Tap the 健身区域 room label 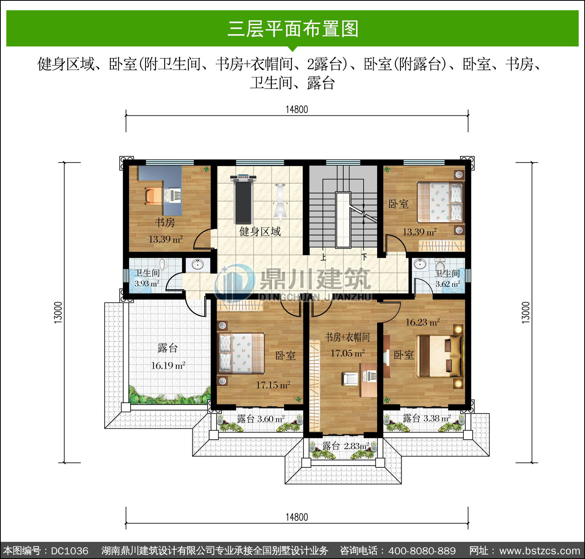click(x=260, y=232)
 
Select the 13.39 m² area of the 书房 click(x=166, y=239)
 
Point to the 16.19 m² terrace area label click(x=168, y=366)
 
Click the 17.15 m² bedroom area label click(x=273, y=385)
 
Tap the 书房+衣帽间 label click(x=347, y=337)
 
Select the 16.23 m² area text click(x=423, y=322)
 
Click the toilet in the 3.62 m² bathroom click(x=440, y=265)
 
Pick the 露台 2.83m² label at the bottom click(x=346, y=446)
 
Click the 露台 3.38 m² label click(x=427, y=418)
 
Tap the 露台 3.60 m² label click(x=261, y=419)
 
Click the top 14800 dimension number click(x=297, y=110)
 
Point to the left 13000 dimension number click(x=58, y=312)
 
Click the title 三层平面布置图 click(x=293, y=29)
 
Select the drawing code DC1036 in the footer click(x=70, y=551)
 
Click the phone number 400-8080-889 click(x=422, y=551)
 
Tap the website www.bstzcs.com click(x=540, y=551)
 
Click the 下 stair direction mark click(x=364, y=257)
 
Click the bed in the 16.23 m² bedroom click(x=439, y=356)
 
